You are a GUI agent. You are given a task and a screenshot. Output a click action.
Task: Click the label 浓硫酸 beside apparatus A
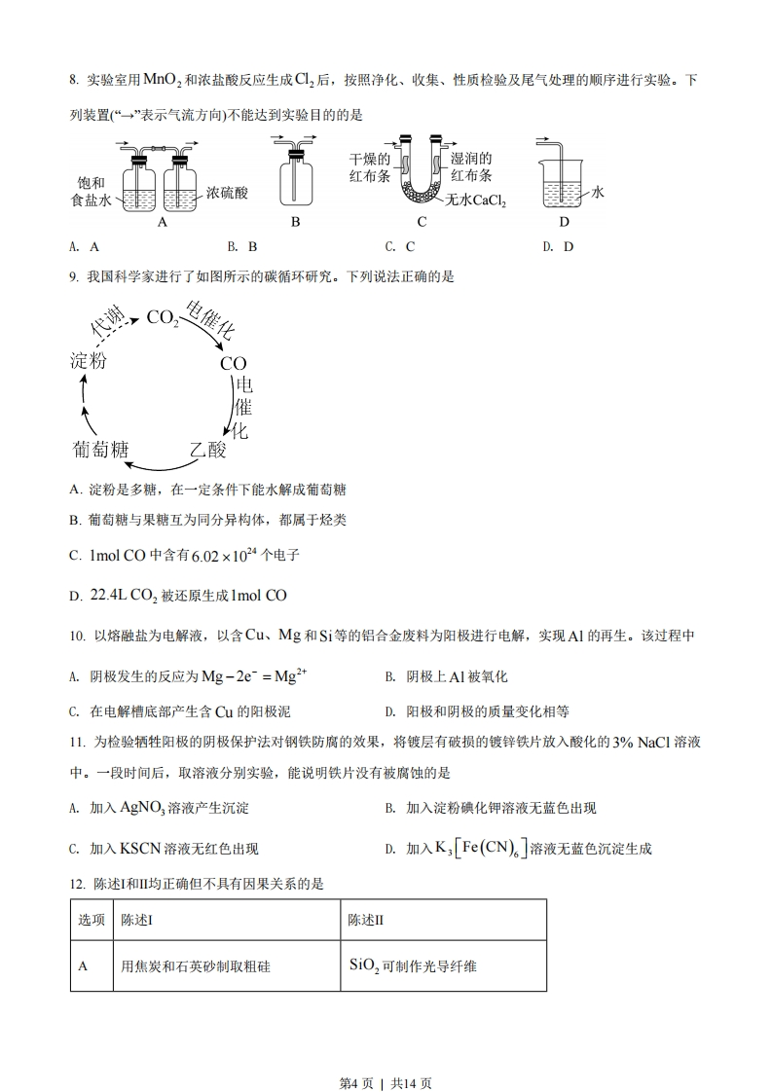click(x=227, y=193)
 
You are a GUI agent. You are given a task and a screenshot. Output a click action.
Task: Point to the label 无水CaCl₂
click(x=476, y=200)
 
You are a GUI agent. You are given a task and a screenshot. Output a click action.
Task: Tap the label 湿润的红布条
click(x=472, y=167)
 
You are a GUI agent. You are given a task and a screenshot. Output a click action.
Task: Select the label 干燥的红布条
click(x=370, y=167)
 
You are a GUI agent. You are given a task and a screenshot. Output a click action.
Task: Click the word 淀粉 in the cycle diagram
click(x=89, y=359)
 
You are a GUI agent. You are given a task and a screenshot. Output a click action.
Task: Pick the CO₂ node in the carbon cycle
click(x=162, y=317)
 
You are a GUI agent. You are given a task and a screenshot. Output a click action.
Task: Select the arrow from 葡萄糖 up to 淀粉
click(x=85, y=406)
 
